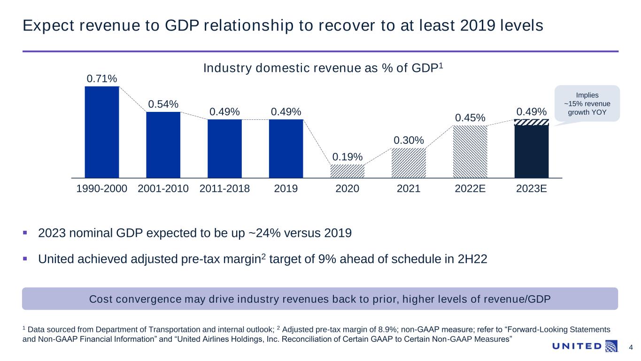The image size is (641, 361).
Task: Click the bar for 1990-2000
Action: point(102,132)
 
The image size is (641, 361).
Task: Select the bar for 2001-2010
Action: point(163,145)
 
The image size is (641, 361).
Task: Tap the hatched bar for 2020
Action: point(347,171)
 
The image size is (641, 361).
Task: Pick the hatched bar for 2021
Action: point(409,163)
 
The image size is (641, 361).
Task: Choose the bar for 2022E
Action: point(470,151)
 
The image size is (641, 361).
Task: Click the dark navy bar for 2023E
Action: point(531,151)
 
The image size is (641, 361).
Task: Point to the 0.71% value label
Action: point(102,78)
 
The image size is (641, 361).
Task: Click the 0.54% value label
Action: point(163,104)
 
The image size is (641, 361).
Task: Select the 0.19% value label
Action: point(347,157)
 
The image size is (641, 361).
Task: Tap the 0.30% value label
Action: point(409,140)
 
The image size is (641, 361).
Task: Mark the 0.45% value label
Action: point(470,118)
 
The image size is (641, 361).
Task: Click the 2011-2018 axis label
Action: point(224,189)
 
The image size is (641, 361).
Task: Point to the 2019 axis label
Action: point(286,189)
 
